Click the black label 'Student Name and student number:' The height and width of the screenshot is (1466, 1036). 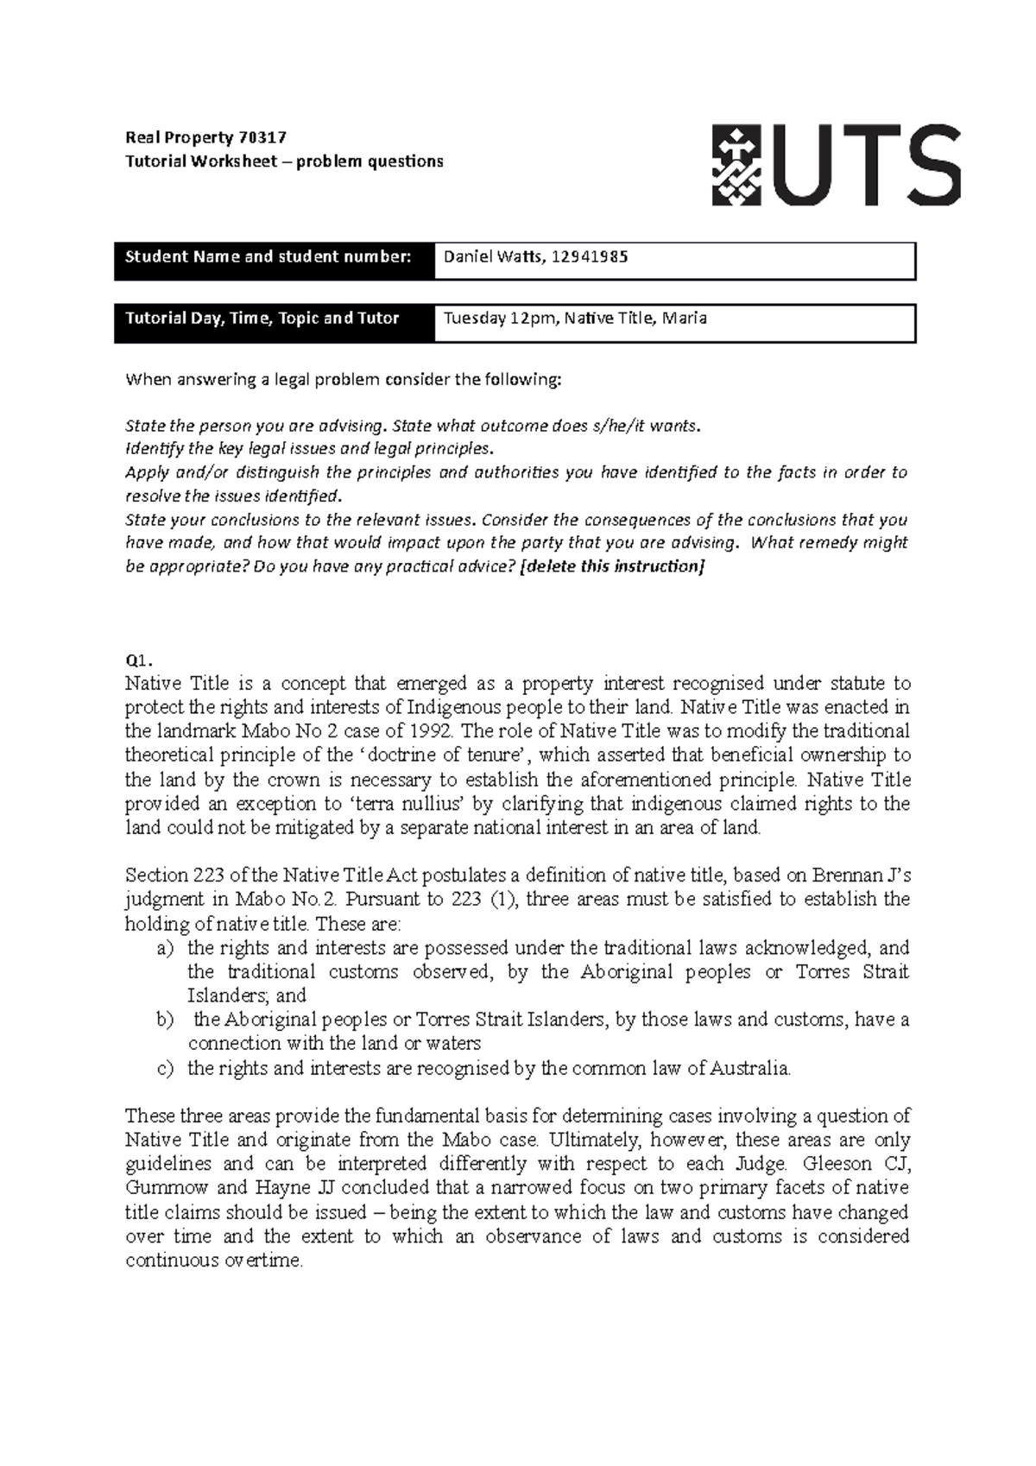pos(268,256)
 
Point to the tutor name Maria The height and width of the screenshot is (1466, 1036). pos(686,318)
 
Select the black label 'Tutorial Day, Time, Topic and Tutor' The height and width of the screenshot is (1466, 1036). pos(262,318)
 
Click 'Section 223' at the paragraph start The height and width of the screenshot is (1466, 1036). pos(169,875)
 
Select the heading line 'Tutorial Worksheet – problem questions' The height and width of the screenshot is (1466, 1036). pos(284,161)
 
